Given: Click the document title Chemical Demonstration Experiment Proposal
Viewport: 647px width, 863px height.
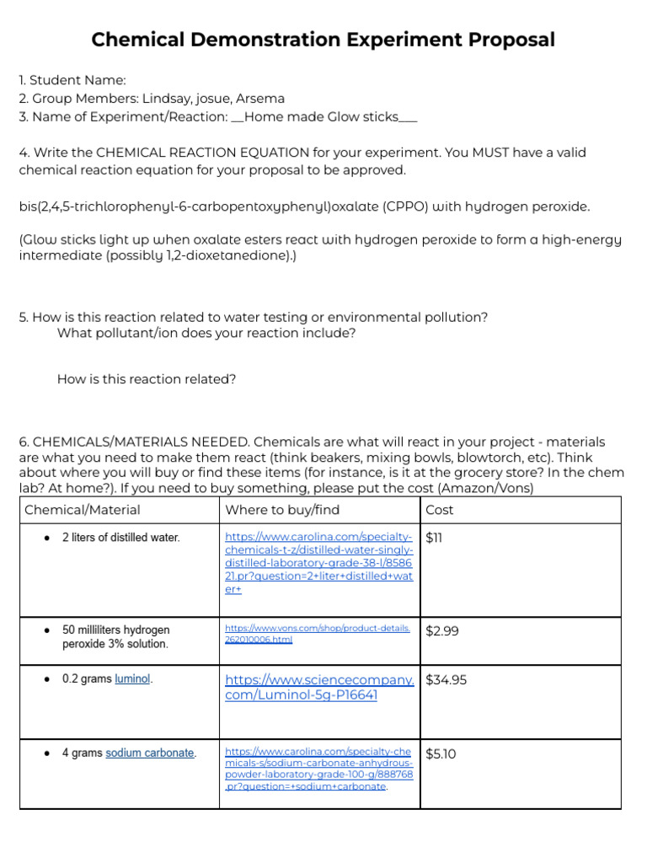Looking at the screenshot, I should (323, 40).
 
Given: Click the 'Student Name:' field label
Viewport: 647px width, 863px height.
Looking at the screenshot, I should (78, 80).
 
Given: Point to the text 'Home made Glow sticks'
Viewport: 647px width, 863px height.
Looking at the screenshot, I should (321, 117).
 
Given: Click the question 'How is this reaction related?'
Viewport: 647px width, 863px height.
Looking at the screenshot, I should (147, 379).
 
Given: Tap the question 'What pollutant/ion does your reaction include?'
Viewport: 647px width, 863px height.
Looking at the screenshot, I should (206, 333).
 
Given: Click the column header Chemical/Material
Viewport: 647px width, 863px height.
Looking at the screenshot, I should (83, 510).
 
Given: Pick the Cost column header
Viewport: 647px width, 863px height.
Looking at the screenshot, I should (440, 510).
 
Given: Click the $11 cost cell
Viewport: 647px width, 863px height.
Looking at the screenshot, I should (435, 538).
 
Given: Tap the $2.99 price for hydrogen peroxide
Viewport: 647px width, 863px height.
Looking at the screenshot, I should (442, 630).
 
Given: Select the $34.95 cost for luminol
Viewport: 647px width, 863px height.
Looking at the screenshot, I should (446, 680).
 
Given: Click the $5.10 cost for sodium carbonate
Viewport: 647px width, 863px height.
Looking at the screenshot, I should (441, 753).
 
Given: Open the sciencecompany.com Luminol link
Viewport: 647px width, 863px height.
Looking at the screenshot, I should (319, 688).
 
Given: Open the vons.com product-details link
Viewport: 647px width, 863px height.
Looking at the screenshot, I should (318, 634).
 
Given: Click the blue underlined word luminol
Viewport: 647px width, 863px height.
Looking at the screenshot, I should (132, 678).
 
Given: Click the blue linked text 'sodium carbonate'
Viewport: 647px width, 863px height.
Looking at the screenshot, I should (150, 753).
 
